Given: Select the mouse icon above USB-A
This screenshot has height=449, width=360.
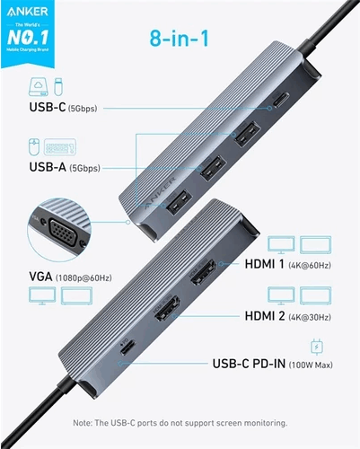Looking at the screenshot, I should (33, 145).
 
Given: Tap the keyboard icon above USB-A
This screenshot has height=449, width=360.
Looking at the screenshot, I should (63, 145).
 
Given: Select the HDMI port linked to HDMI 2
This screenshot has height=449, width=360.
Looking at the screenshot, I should (166, 311).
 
